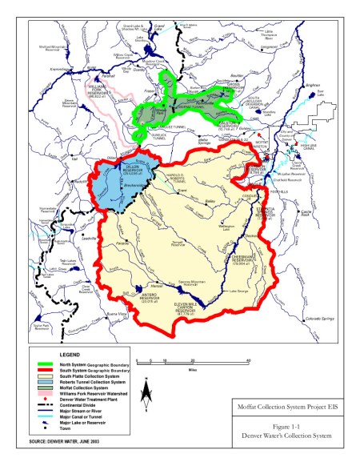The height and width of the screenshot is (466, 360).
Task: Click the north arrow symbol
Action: [146, 392]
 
